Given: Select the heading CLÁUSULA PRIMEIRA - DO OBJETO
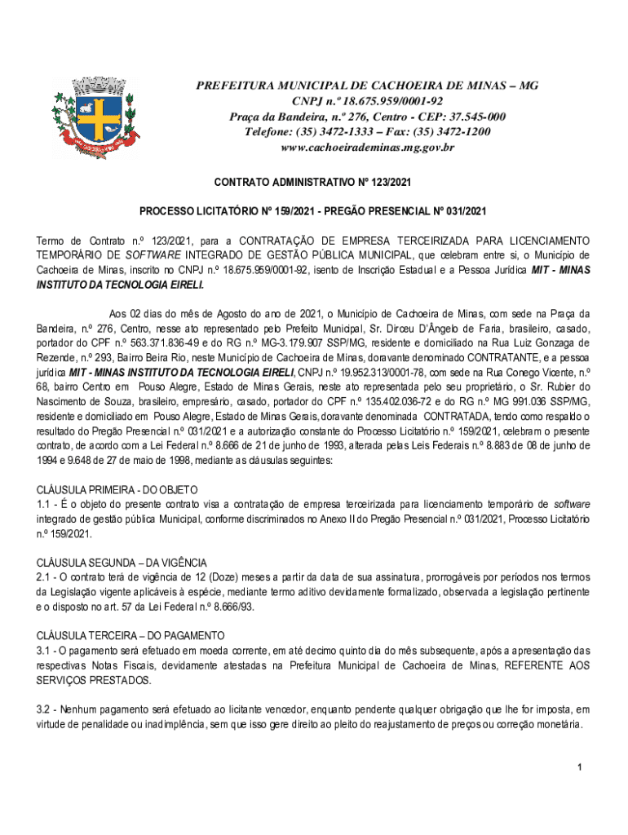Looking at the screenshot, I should coord(117,489).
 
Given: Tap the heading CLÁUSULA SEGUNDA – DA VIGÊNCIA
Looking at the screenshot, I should coord(122,563).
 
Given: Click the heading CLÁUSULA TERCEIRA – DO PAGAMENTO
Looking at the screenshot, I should coord(130,635).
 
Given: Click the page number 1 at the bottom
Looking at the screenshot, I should coord(577,767).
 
